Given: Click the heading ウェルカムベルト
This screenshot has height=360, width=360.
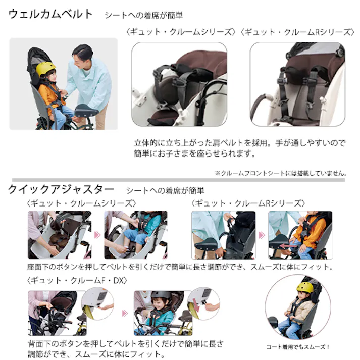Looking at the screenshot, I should pyautogui.click(x=50, y=14).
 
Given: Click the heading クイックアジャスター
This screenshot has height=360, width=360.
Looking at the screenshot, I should pyautogui.click(x=61, y=190).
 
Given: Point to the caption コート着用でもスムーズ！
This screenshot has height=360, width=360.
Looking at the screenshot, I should pyautogui.click(x=298, y=347).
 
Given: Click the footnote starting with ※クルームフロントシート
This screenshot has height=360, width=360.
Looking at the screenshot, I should pyautogui.click(x=280, y=173).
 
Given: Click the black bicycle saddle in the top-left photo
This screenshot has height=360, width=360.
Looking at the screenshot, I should pyautogui.click(x=86, y=110).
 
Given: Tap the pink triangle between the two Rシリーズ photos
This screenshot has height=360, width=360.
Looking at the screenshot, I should pyautogui.click(x=262, y=235).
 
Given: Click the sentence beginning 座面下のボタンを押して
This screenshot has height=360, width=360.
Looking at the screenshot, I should pyautogui.click(x=179, y=267).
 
